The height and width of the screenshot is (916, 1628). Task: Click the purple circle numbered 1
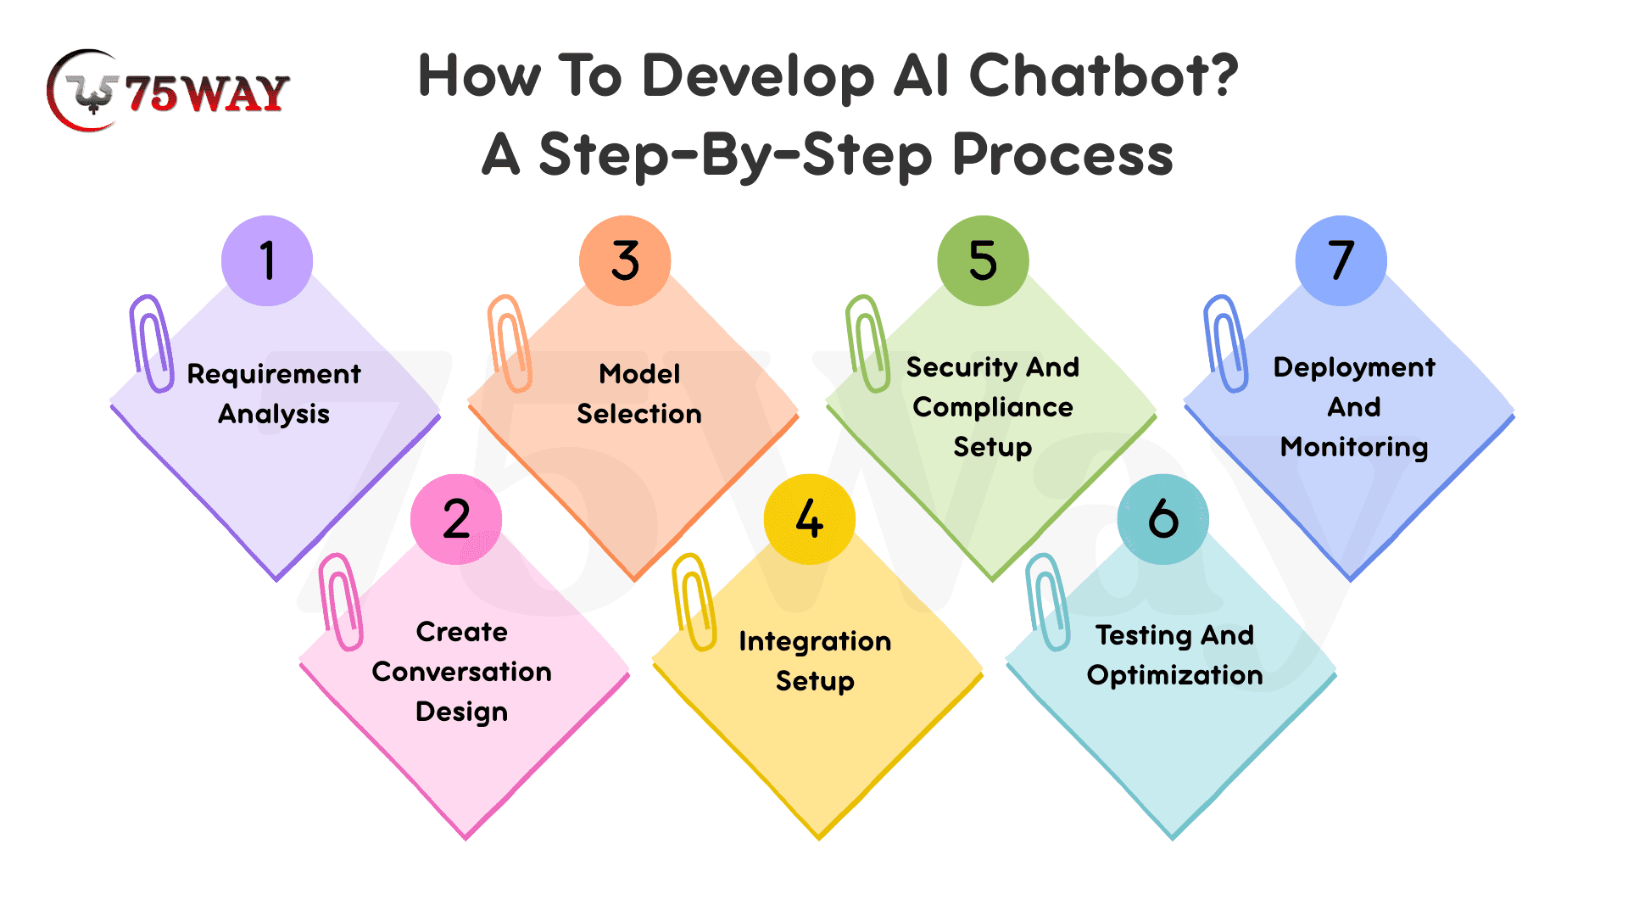click(x=267, y=260)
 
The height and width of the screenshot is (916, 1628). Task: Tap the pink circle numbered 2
click(x=456, y=519)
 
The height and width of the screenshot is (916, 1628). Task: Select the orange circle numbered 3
click(x=625, y=260)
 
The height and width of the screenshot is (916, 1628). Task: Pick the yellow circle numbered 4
click(x=810, y=519)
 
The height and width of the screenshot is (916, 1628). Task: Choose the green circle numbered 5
click(x=983, y=260)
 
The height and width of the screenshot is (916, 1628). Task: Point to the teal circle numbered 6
click(x=1163, y=519)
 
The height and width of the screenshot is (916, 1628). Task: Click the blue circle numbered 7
click(x=1341, y=260)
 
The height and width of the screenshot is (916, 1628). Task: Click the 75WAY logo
click(x=168, y=91)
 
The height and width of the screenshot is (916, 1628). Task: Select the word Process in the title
click(x=1063, y=155)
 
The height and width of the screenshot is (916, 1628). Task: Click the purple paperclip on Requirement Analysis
click(x=151, y=343)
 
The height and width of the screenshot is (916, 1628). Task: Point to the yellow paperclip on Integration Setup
click(x=694, y=602)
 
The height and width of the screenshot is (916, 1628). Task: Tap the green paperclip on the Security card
click(x=867, y=343)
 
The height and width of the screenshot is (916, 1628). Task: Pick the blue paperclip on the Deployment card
click(x=1225, y=343)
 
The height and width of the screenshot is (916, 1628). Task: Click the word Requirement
click(x=274, y=375)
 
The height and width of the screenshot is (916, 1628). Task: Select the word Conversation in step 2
click(x=462, y=672)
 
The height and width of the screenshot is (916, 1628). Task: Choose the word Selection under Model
click(x=639, y=414)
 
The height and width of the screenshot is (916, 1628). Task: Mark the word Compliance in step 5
click(x=993, y=408)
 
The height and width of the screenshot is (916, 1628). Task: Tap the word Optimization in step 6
click(x=1175, y=676)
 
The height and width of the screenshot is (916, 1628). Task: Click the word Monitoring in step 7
click(x=1354, y=448)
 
